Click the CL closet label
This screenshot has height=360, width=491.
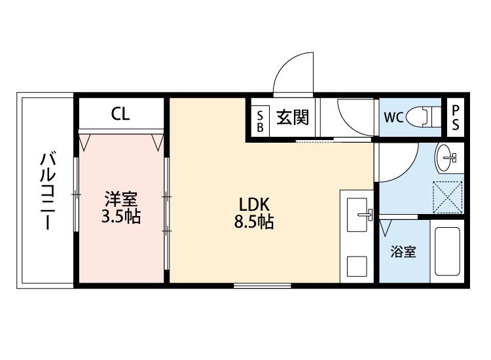click(x=120, y=114)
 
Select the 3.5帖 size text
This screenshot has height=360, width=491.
click(x=121, y=217)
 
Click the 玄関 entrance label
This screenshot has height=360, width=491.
click(x=291, y=118)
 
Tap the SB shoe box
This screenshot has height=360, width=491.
click(x=260, y=119)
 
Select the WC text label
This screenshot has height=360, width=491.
click(x=393, y=118)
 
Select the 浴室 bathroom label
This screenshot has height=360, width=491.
click(x=403, y=252)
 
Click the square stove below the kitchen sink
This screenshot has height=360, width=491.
click(x=357, y=265)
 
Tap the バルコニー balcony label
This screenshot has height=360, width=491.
click(x=47, y=190)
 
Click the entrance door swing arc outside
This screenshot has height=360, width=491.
click(x=291, y=72)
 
